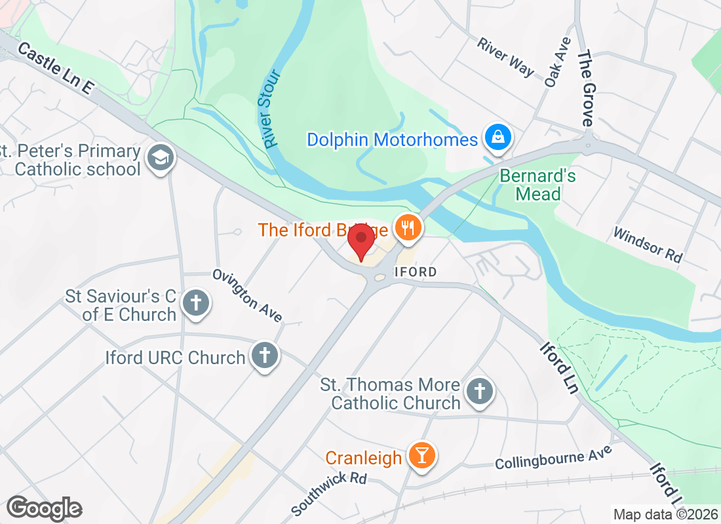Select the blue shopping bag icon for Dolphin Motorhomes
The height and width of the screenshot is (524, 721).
click(498, 138)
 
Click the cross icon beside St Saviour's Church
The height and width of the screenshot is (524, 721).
click(195, 303)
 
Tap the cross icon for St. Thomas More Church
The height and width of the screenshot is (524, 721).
click(480, 392)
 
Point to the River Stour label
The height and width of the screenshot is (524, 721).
click(269, 108)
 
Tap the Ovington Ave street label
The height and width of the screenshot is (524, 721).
click(247, 295)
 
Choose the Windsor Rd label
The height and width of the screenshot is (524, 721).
click(648, 245)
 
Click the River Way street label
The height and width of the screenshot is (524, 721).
click(505, 57)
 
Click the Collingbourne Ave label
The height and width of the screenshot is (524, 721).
click(553, 457)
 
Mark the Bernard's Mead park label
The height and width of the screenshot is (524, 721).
click(537, 185)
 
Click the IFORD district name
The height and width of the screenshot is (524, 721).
click(415, 271)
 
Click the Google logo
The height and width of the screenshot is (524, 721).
click(44, 508)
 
